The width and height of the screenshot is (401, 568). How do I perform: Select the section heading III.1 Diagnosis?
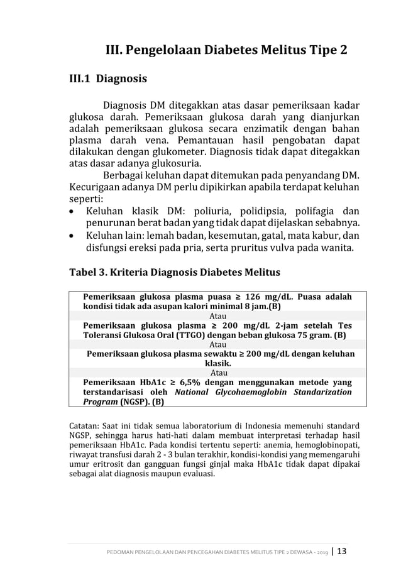click(107, 79)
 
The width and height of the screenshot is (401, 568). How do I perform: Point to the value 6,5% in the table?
click(184, 381)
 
